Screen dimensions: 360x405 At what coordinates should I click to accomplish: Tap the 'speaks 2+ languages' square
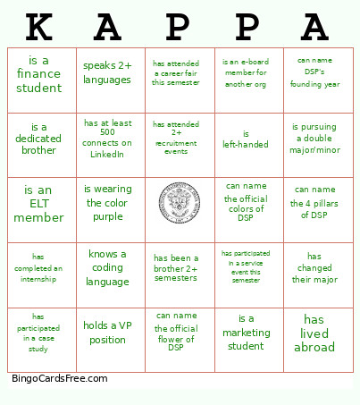(x=107, y=72)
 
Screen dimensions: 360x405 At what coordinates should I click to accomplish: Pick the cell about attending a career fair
(x=177, y=73)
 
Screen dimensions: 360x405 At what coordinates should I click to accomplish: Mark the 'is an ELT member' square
(x=39, y=203)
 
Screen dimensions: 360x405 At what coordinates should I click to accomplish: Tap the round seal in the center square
(x=177, y=203)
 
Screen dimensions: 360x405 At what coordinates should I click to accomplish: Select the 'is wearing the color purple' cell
(x=107, y=203)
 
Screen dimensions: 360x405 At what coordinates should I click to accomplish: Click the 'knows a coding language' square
(x=107, y=267)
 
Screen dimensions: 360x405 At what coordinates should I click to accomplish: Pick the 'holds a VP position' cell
(x=107, y=333)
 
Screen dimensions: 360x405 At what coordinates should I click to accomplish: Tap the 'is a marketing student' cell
(x=246, y=333)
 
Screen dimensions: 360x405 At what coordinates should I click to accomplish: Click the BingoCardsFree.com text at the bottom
(x=60, y=378)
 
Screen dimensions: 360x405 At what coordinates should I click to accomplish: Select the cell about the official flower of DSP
(x=177, y=333)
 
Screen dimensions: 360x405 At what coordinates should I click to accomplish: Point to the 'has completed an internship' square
(x=39, y=267)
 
